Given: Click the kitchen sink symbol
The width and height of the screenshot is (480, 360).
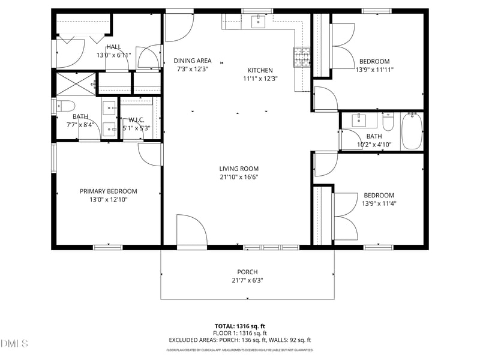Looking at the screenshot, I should coord(258,22).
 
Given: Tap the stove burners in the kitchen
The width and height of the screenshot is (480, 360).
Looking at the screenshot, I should coord(301,56).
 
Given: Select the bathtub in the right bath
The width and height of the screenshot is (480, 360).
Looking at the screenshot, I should coord(412,131).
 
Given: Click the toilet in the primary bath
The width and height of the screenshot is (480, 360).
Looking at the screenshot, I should coord(64,106).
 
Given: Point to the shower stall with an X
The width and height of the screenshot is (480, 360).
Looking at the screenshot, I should coord(76,84).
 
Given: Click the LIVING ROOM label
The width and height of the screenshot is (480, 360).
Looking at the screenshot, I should coord(239,169).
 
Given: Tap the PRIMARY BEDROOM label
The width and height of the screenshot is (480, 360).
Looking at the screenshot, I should coord(109,191).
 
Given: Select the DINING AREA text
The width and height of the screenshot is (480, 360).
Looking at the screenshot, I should coord(193,61).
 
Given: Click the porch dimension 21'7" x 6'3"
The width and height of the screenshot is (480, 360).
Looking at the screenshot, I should coord(247,280).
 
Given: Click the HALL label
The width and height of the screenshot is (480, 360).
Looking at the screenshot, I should coord(113,47).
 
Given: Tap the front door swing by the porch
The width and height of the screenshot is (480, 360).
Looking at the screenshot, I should coord(191,230).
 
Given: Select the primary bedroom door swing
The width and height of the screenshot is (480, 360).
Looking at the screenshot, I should coord(149,154).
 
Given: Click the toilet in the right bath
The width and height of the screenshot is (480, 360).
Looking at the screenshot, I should coord(388,124).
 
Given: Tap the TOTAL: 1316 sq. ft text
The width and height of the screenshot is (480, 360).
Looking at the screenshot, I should coord(239,326).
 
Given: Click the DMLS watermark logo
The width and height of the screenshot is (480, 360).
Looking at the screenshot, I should coord(14,344).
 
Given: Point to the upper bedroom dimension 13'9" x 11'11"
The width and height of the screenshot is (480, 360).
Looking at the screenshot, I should coord(374,69).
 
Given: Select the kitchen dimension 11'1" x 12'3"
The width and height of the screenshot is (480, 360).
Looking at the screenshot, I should coord(260,79).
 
